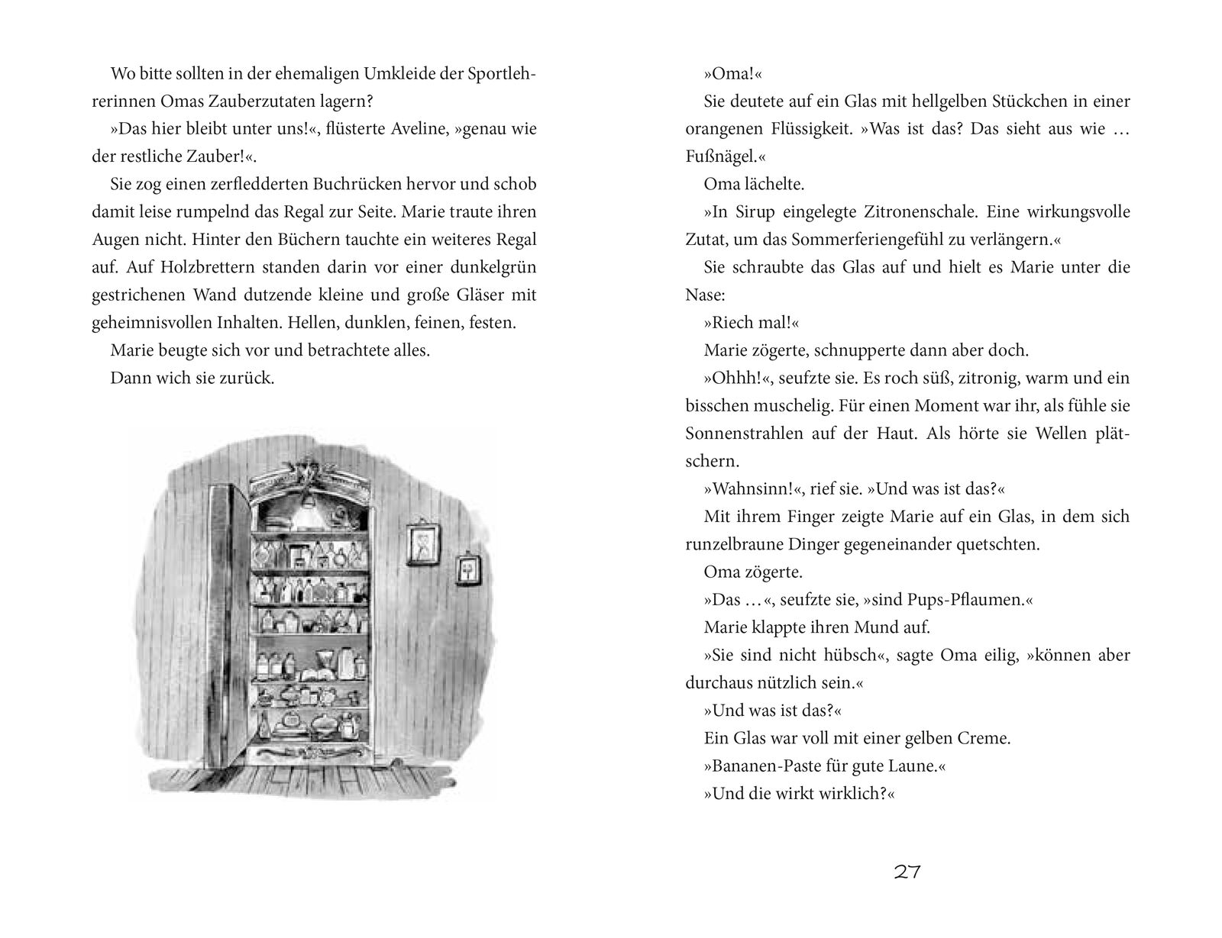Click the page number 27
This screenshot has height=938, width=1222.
click(x=907, y=872)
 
